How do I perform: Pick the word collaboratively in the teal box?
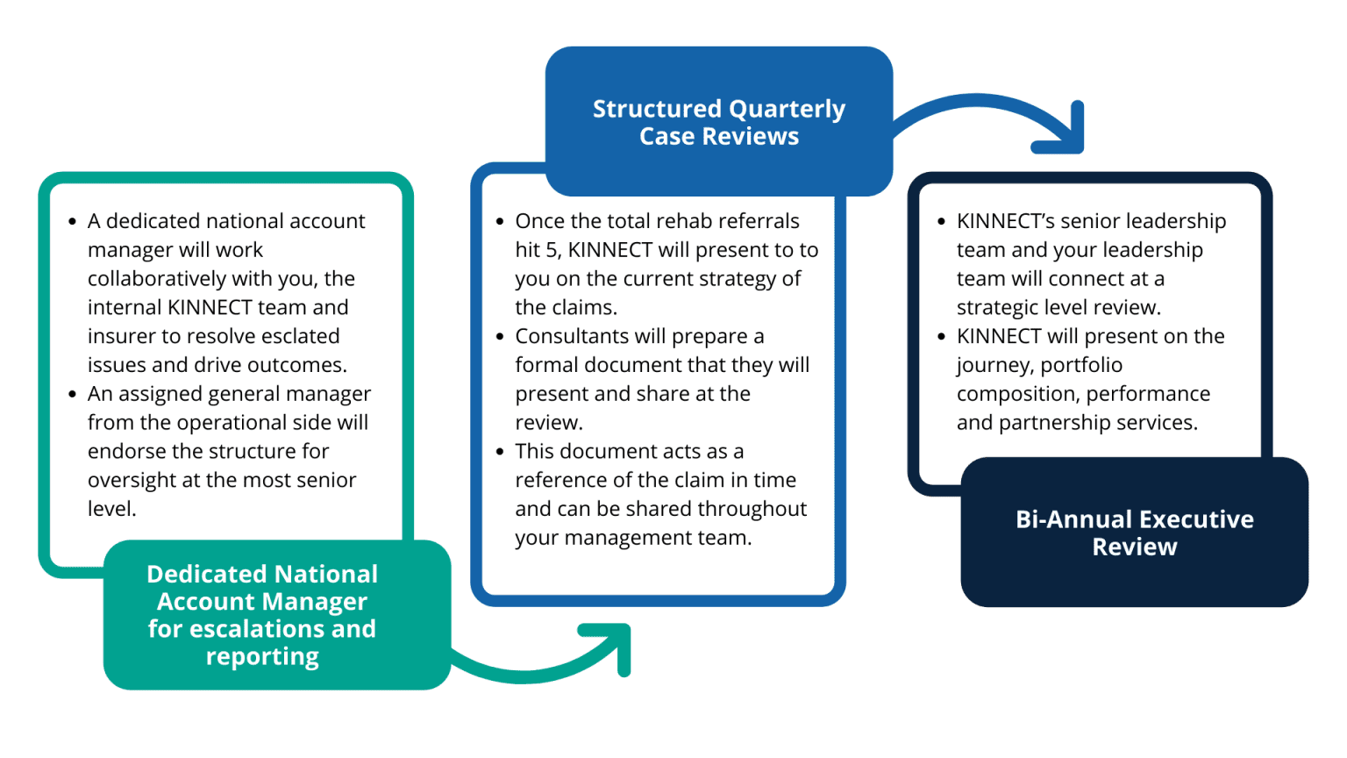click(156, 279)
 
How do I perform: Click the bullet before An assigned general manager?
click(73, 394)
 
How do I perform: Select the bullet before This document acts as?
click(500, 452)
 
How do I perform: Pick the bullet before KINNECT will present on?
click(942, 336)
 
